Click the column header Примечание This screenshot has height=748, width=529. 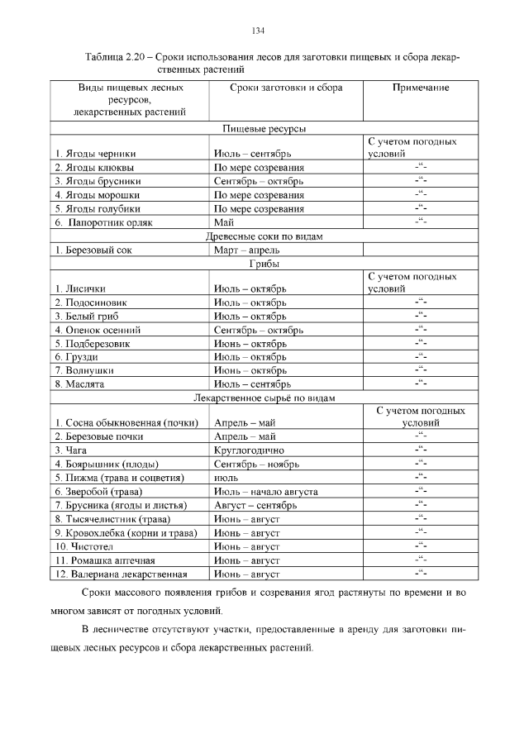click(420, 87)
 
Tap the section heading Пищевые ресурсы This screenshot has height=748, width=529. click(264, 129)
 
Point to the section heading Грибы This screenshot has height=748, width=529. click(264, 264)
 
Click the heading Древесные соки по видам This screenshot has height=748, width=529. click(264, 236)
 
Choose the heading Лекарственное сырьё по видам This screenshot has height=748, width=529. click(264, 398)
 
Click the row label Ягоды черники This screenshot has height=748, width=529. click(96, 154)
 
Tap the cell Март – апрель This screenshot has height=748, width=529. click(246, 250)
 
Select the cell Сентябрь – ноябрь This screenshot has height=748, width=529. click(252, 465)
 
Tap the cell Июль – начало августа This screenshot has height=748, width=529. click(265, 492)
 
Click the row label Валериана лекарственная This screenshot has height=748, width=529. click(121, 574)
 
